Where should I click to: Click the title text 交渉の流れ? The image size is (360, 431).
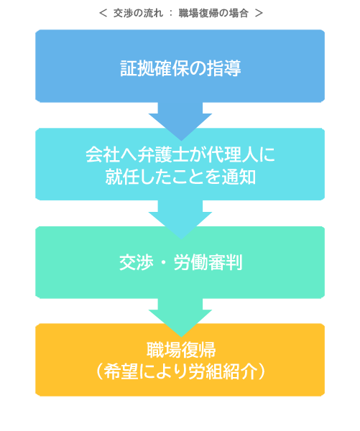[x=139, y=13]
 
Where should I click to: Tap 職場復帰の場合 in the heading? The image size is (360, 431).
[x=213, y=13]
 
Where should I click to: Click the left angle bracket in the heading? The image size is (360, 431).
[x=103, y=13]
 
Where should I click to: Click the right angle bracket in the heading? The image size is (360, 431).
[x=259, y=13]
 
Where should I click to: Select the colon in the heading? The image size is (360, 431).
[x=171, y=13]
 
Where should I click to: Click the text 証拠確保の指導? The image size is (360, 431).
[x=180, y=68]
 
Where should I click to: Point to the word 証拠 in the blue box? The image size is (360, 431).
[x=137, y=68]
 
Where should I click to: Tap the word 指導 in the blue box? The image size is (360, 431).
[x=224, y=68]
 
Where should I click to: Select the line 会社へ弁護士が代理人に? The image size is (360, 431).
[x=180, y=154]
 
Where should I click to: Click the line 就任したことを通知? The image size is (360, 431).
[x=180, y=177]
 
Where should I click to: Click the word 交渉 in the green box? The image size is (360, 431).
[x=136, y=262]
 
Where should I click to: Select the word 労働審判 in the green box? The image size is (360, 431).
[x=208, y=262]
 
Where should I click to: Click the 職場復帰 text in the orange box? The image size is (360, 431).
[x=181, y=350]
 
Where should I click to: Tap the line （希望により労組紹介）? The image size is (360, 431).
[x=180, y=372]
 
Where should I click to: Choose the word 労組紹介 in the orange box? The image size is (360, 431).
[x=223, y=372]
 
